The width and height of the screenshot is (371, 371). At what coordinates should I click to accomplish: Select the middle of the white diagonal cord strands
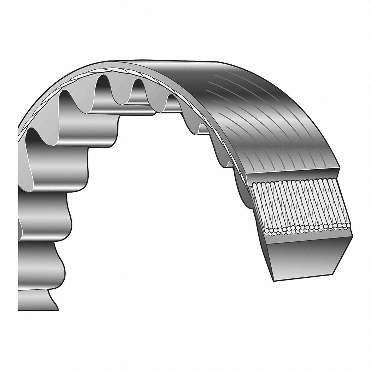click(300, 205)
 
